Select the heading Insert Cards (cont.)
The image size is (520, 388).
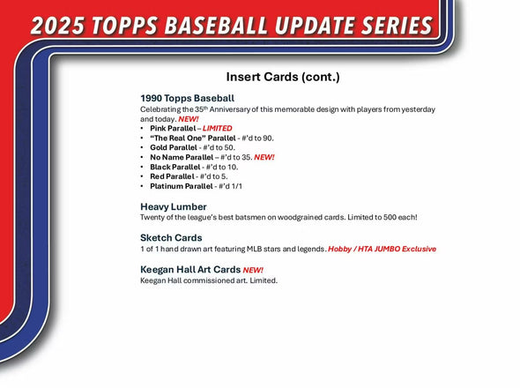coord(282,77)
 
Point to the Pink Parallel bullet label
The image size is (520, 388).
coord(173,128)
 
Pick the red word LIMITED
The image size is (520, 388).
coord(218,128)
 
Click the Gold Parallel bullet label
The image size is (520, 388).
coord(173,147)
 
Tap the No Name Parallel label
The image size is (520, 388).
coord(182,157)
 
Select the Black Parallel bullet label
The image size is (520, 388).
coord(175,167)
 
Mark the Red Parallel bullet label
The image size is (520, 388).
coord(171,176)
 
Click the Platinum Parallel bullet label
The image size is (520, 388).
coord(182,186)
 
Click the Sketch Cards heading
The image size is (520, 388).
coord(171,238)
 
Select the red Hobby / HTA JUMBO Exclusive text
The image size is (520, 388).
coord(382,250)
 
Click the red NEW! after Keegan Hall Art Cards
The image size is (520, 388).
coord(253,270)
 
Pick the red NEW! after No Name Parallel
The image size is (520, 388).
coord(264,157)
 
